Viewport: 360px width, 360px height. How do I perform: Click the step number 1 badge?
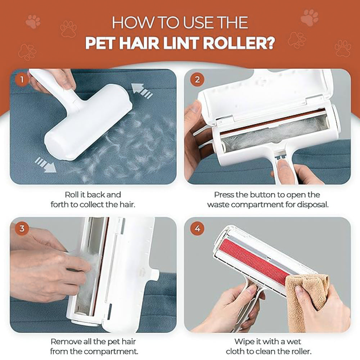click(22, 80)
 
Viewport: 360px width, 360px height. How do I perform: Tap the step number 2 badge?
click(197, 80)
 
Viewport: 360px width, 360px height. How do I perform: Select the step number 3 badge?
click(22, 228)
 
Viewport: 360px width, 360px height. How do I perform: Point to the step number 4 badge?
click(197, 228)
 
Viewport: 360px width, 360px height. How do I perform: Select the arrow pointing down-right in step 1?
click(46, 164)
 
